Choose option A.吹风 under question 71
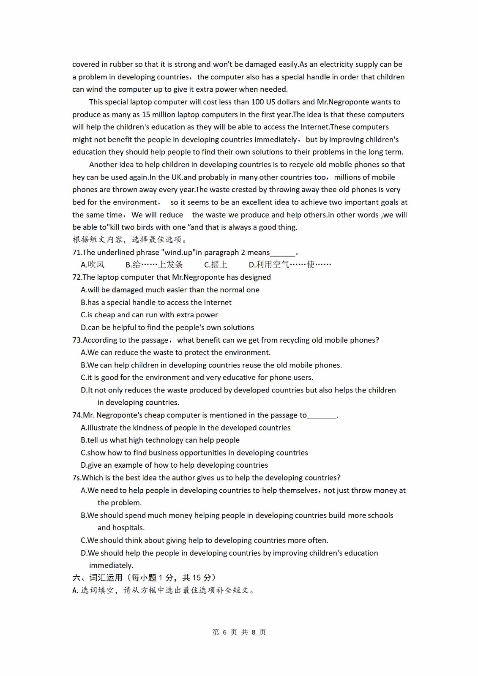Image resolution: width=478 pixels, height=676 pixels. click(x=93, y=265)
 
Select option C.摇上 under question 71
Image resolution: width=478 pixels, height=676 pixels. click(x=216, y=265)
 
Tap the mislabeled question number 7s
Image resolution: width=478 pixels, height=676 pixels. click(x=76, y=478)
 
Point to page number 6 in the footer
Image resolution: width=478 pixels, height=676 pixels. click(x=224, y=632)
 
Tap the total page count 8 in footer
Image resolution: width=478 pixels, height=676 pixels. click(x=254, y=632)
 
